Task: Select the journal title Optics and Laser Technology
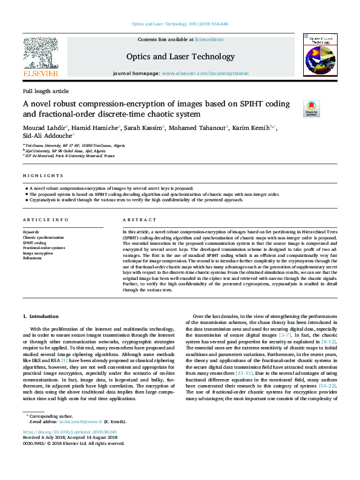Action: pos(180,57)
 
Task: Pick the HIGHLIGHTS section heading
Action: pos(43,176)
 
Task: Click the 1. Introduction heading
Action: pos(41,316)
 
